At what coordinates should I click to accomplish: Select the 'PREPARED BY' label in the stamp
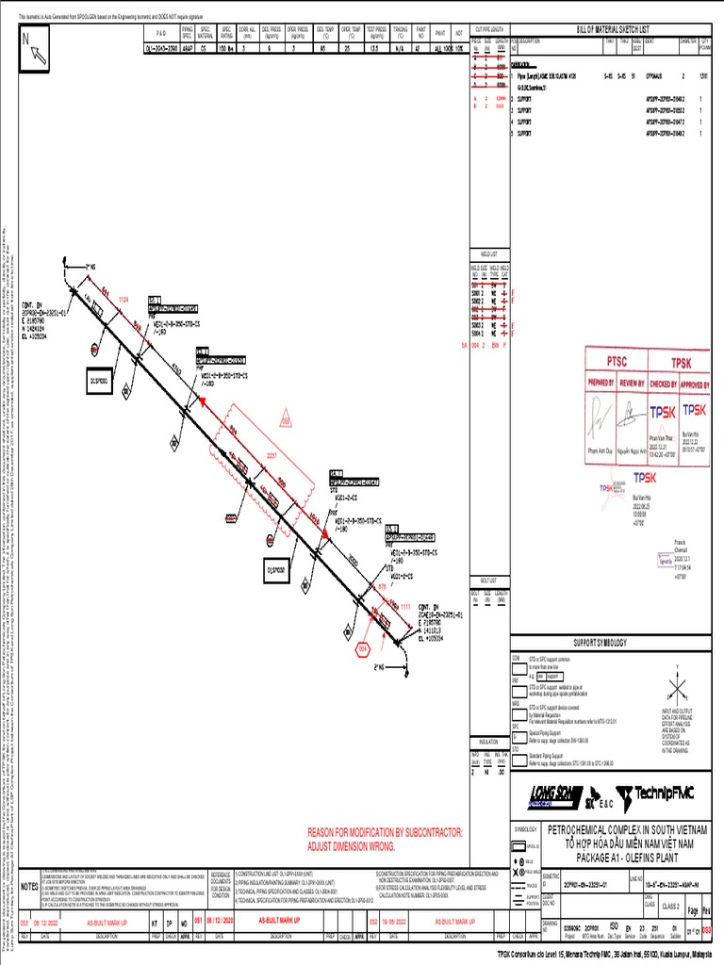coord(601,384)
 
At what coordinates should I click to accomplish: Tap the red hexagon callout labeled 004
coord(363,649)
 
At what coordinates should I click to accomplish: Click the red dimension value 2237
coord(272,455)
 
